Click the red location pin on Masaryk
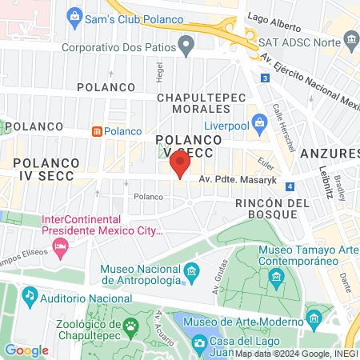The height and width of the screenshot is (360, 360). click(180, 166)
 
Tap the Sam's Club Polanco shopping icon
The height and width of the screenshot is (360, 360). click(74, 15)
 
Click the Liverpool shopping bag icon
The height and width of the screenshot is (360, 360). click(258, 122)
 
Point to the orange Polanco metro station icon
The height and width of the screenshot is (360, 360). click(97, 130)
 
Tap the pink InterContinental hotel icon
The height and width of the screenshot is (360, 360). click(60, 250)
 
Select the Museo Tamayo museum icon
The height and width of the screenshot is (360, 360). click(277, 278)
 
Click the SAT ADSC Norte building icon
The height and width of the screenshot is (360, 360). click(350, 40)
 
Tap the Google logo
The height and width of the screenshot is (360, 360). click(26, 350)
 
